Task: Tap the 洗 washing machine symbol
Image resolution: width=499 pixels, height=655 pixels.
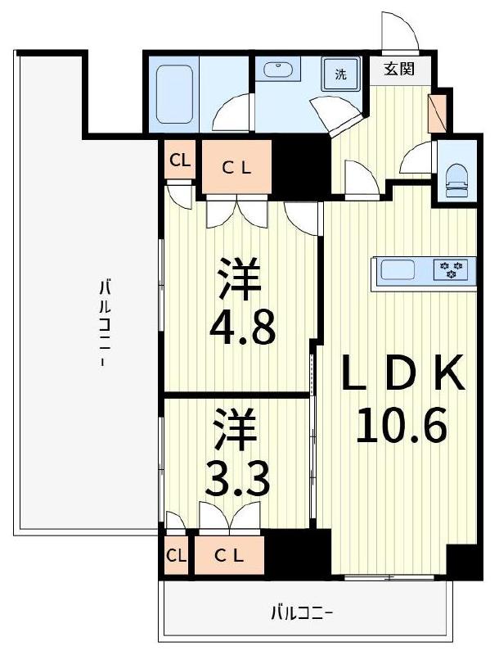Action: pos(340,74)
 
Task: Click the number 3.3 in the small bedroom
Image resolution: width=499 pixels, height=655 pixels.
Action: pos(237,481)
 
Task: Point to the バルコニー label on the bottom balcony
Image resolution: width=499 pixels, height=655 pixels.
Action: pos(303,612)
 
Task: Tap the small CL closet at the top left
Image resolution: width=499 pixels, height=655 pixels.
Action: pos(180,160)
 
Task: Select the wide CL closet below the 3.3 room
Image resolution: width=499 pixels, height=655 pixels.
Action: pos(228,554)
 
